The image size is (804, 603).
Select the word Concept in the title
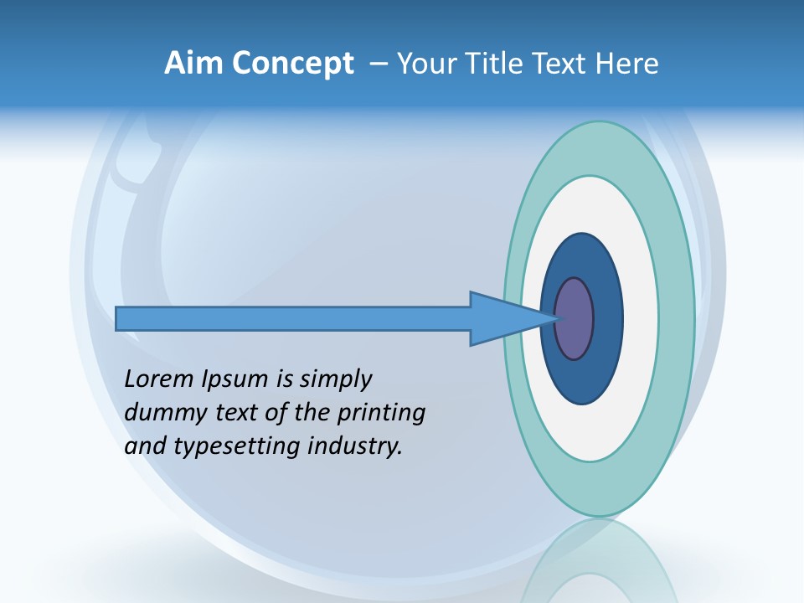[293, 64]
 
